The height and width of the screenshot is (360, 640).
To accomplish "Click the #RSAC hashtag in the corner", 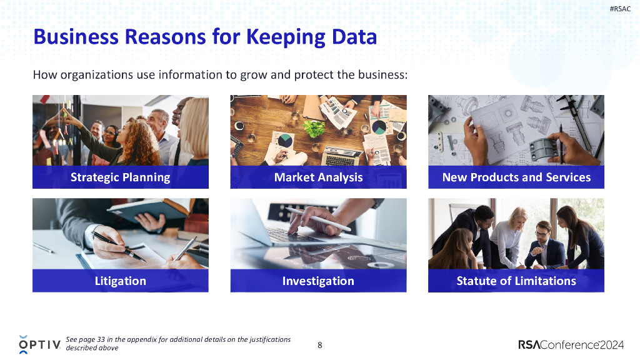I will coord(619,9).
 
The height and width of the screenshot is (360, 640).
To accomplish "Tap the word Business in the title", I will coord(75,37).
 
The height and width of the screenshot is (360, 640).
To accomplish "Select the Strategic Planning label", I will coord(120,177).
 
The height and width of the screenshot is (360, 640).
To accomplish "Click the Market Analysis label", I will coord(318,177).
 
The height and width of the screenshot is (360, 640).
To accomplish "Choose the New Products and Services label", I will coord(516,177).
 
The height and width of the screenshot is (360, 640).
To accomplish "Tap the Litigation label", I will coord(120,281).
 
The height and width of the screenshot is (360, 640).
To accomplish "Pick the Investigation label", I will coord(318,281).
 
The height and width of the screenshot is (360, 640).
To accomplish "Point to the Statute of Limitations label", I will coord(516,281).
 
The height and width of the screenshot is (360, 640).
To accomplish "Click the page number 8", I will coord(320,344).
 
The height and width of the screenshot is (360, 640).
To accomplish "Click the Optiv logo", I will coord(39,344).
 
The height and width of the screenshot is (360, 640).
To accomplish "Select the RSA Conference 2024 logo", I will coord(571,344).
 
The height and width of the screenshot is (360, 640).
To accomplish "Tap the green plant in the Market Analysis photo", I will coord(314,128).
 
